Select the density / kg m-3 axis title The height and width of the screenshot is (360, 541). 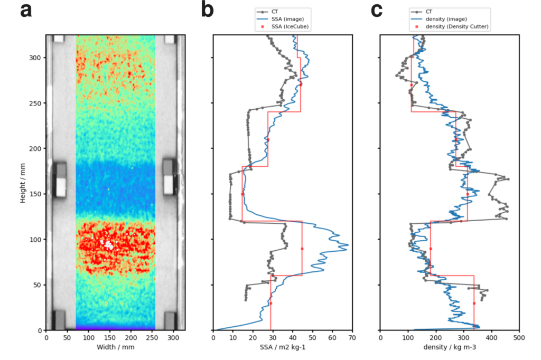coord(450,347)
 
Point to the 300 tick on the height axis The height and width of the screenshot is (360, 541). coord(36,58)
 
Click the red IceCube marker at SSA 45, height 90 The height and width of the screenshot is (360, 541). coord(302,249)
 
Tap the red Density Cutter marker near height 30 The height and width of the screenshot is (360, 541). coord(474,303)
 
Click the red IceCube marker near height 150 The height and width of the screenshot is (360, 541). coord(242,194)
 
